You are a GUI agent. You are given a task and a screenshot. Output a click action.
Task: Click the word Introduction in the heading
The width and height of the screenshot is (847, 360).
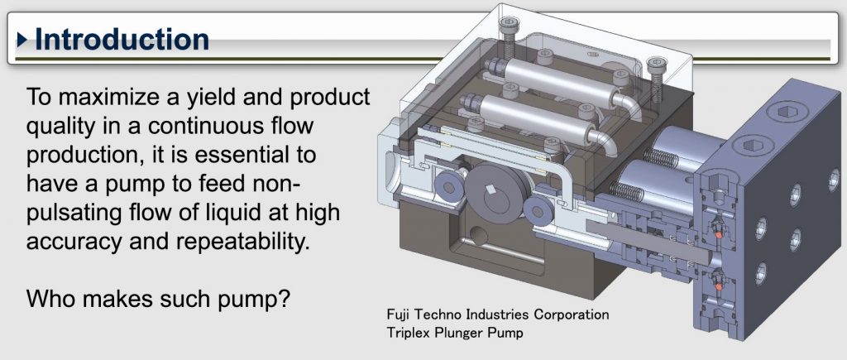tap(122, 40)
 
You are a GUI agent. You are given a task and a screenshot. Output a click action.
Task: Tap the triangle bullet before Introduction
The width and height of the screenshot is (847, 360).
tap(22, 40)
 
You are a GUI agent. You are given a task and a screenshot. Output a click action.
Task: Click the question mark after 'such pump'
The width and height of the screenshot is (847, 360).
tap(285, 298)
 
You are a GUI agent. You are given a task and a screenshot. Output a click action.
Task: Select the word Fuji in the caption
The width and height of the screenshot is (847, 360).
tap(398, 314)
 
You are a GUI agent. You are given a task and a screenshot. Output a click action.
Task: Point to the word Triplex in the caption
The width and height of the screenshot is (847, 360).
tap(406, 333)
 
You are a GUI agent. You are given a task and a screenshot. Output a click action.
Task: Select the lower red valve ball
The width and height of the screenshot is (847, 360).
tap(719, 285)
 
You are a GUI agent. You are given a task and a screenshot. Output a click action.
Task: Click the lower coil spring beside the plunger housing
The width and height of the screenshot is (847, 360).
tap(627, 190)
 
